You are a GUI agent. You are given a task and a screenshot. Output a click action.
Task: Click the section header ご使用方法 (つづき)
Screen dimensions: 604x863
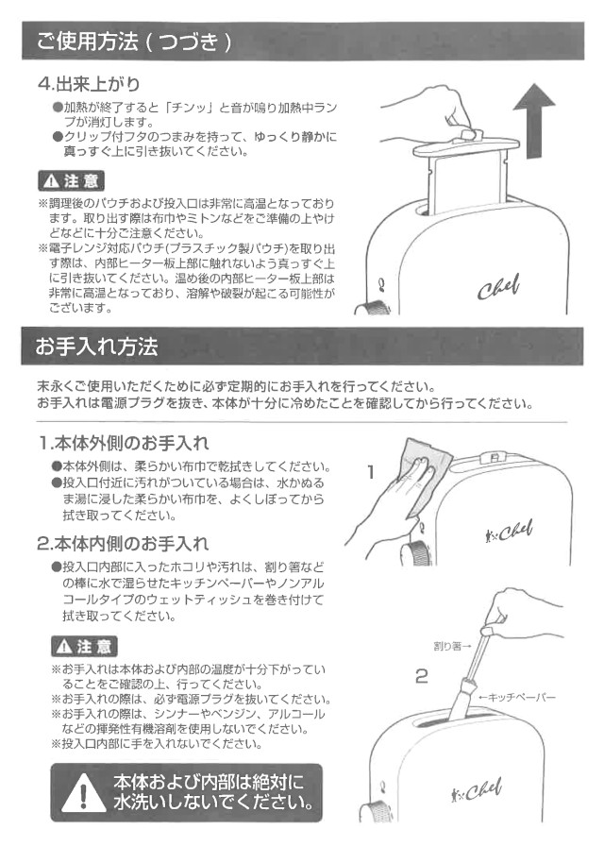point(134,42)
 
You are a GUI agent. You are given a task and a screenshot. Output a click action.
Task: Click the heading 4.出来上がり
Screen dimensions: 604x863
point(89,84)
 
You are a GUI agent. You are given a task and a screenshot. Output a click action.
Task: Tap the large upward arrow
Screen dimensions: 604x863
point(534,121)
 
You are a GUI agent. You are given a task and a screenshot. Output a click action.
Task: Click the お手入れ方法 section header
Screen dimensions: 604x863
point(97,347)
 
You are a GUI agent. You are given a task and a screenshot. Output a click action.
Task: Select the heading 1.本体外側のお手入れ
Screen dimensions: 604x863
point(124,443)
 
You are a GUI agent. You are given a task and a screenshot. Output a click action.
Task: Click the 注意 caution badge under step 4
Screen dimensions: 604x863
point(71,181)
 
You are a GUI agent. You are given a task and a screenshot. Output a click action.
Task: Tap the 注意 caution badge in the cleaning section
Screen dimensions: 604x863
point(84,647)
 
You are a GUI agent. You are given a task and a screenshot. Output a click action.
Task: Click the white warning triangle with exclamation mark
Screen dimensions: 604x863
point(83,793)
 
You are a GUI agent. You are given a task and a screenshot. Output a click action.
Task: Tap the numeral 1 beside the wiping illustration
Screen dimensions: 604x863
point(371,472)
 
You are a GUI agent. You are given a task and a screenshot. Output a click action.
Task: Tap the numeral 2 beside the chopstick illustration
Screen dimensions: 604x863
point(421,676)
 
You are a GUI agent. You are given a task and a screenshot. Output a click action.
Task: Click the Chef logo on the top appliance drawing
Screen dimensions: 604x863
point(498,287)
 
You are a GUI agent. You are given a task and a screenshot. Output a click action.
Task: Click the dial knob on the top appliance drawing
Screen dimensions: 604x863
point(374,308)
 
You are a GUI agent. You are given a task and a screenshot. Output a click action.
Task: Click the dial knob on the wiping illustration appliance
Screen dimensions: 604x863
point(416,553)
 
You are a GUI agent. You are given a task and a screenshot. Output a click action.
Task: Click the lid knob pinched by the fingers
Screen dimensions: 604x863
point(471,135)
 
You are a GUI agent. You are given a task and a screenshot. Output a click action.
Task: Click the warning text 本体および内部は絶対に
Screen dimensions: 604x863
point(209,782)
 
